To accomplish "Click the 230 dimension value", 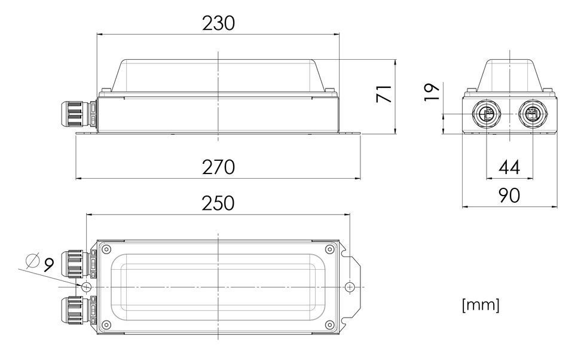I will [x=218, y=23].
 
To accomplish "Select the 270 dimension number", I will [x=218, y=167].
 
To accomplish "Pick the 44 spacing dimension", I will [x=509, y=168].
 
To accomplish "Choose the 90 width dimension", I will [x=509, y=195].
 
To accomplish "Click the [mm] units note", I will [x=481, y=305].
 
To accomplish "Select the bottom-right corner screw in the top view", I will [x=329, y=325].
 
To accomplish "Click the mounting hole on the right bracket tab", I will [x=350, y=287].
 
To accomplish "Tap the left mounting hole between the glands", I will [x=87, y=287].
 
